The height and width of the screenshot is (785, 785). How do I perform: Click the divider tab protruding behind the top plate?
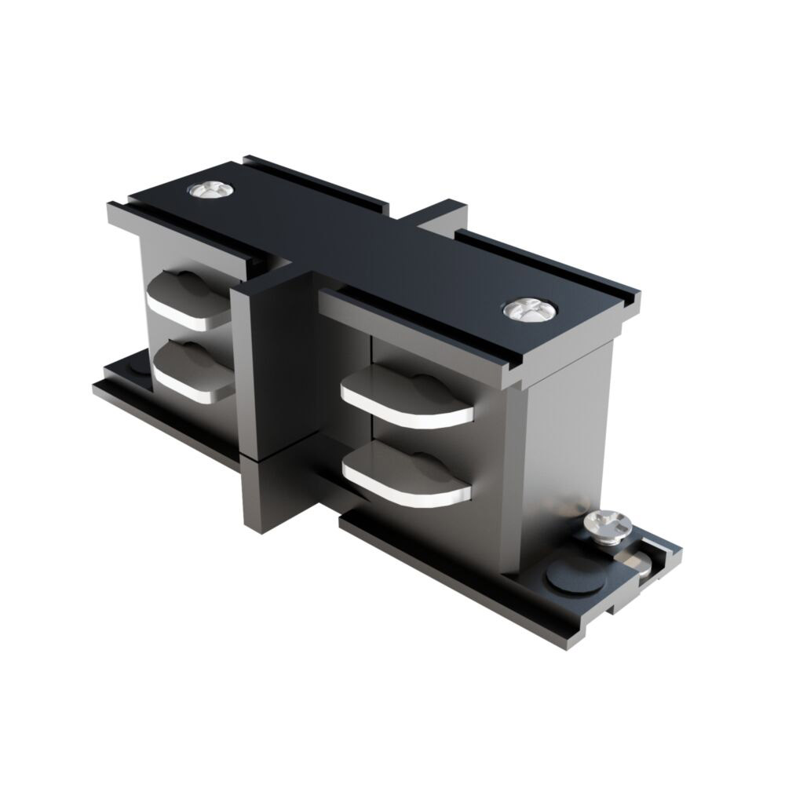[444, 216]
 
